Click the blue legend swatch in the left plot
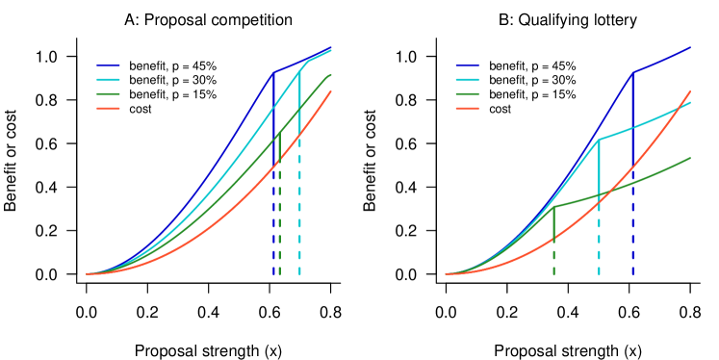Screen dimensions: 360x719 click(108, 65)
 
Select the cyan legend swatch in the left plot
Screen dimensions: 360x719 click(108, 79)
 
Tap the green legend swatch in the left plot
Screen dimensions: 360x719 click(108, 93)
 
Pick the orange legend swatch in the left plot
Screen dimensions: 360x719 click(108, 108)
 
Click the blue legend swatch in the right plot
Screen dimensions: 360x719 click(467, 65)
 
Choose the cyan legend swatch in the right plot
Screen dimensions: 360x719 click(467, 79)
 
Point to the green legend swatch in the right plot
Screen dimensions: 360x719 click(467, 93)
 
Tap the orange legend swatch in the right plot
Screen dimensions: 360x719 click(467, 108)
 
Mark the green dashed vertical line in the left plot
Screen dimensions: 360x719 click(280, 245)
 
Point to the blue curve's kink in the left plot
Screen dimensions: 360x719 click(274, 72)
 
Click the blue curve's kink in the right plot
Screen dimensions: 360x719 click(632, 72)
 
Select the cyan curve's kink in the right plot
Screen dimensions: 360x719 click(599, 140)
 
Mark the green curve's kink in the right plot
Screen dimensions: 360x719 click(553, 207)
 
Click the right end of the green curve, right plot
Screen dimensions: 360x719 click(690, 158)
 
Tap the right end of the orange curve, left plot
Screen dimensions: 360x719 click(331, 91)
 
